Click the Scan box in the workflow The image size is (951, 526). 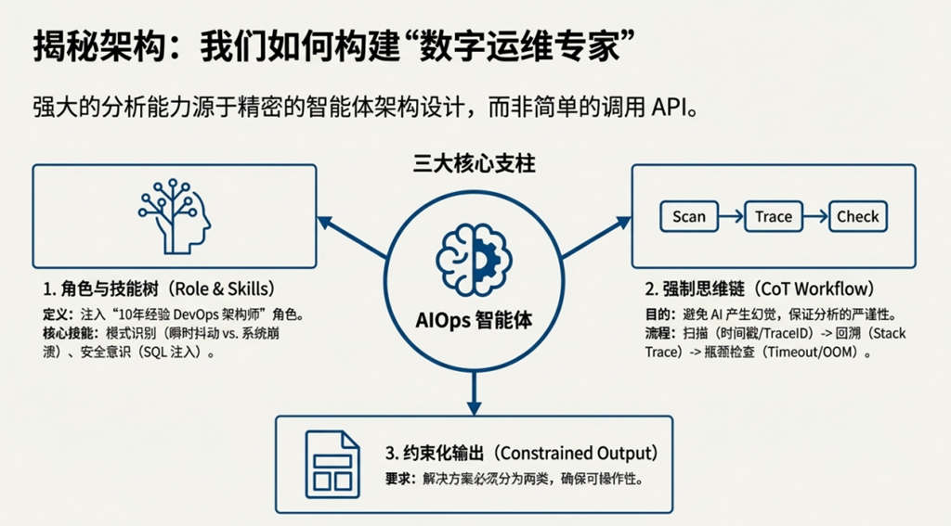click(x=689, y=217)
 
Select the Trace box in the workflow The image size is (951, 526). click(x=774, y=217)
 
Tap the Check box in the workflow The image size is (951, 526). click(x=857, y=217)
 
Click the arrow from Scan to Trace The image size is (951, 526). click(x=731, y=217)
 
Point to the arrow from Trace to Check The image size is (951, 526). click(x=814, y=217)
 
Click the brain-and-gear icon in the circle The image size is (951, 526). click(x=474, y=259)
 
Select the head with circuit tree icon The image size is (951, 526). click(x=174, y=216)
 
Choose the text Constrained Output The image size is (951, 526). click(x=577, y=454)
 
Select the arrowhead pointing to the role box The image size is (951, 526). click(x=323, y=220)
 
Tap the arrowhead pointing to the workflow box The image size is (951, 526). click(x=625, y=220)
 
